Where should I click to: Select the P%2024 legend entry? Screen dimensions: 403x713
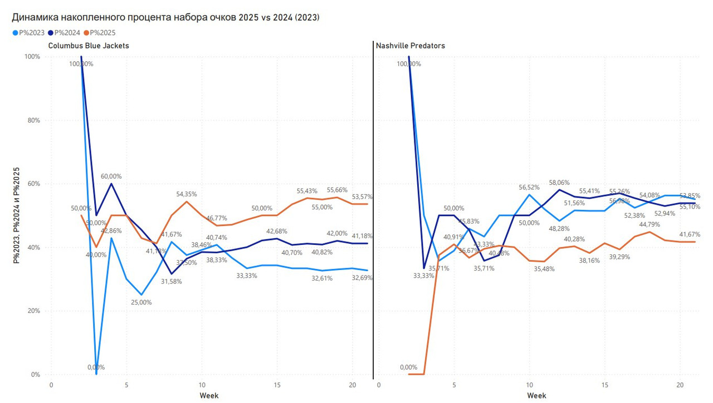point(67,33)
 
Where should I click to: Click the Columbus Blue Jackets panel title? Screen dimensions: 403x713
point(89,46)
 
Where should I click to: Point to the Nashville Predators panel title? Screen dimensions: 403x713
point(411,46)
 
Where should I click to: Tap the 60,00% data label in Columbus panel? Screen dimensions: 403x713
point(111,176)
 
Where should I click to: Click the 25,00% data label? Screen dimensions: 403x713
point(141,302)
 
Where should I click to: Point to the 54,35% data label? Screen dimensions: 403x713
point(186,194)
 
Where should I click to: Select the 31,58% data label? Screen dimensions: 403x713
point(171,282)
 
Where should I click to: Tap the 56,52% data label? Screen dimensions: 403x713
point(529,188)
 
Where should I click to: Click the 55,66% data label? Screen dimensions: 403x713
point(337,190)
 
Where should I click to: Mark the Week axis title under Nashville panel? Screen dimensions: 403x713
point(536,396)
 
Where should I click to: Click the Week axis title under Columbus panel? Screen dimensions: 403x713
point(209,396)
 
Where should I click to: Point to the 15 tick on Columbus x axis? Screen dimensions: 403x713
point(277,385)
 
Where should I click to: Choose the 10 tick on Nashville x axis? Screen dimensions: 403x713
point(529,385)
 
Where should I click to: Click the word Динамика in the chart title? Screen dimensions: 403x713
point(35,17)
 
